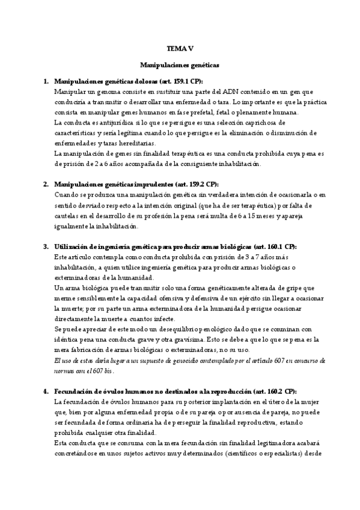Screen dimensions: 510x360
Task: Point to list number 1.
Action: click(x=46, y=81)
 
